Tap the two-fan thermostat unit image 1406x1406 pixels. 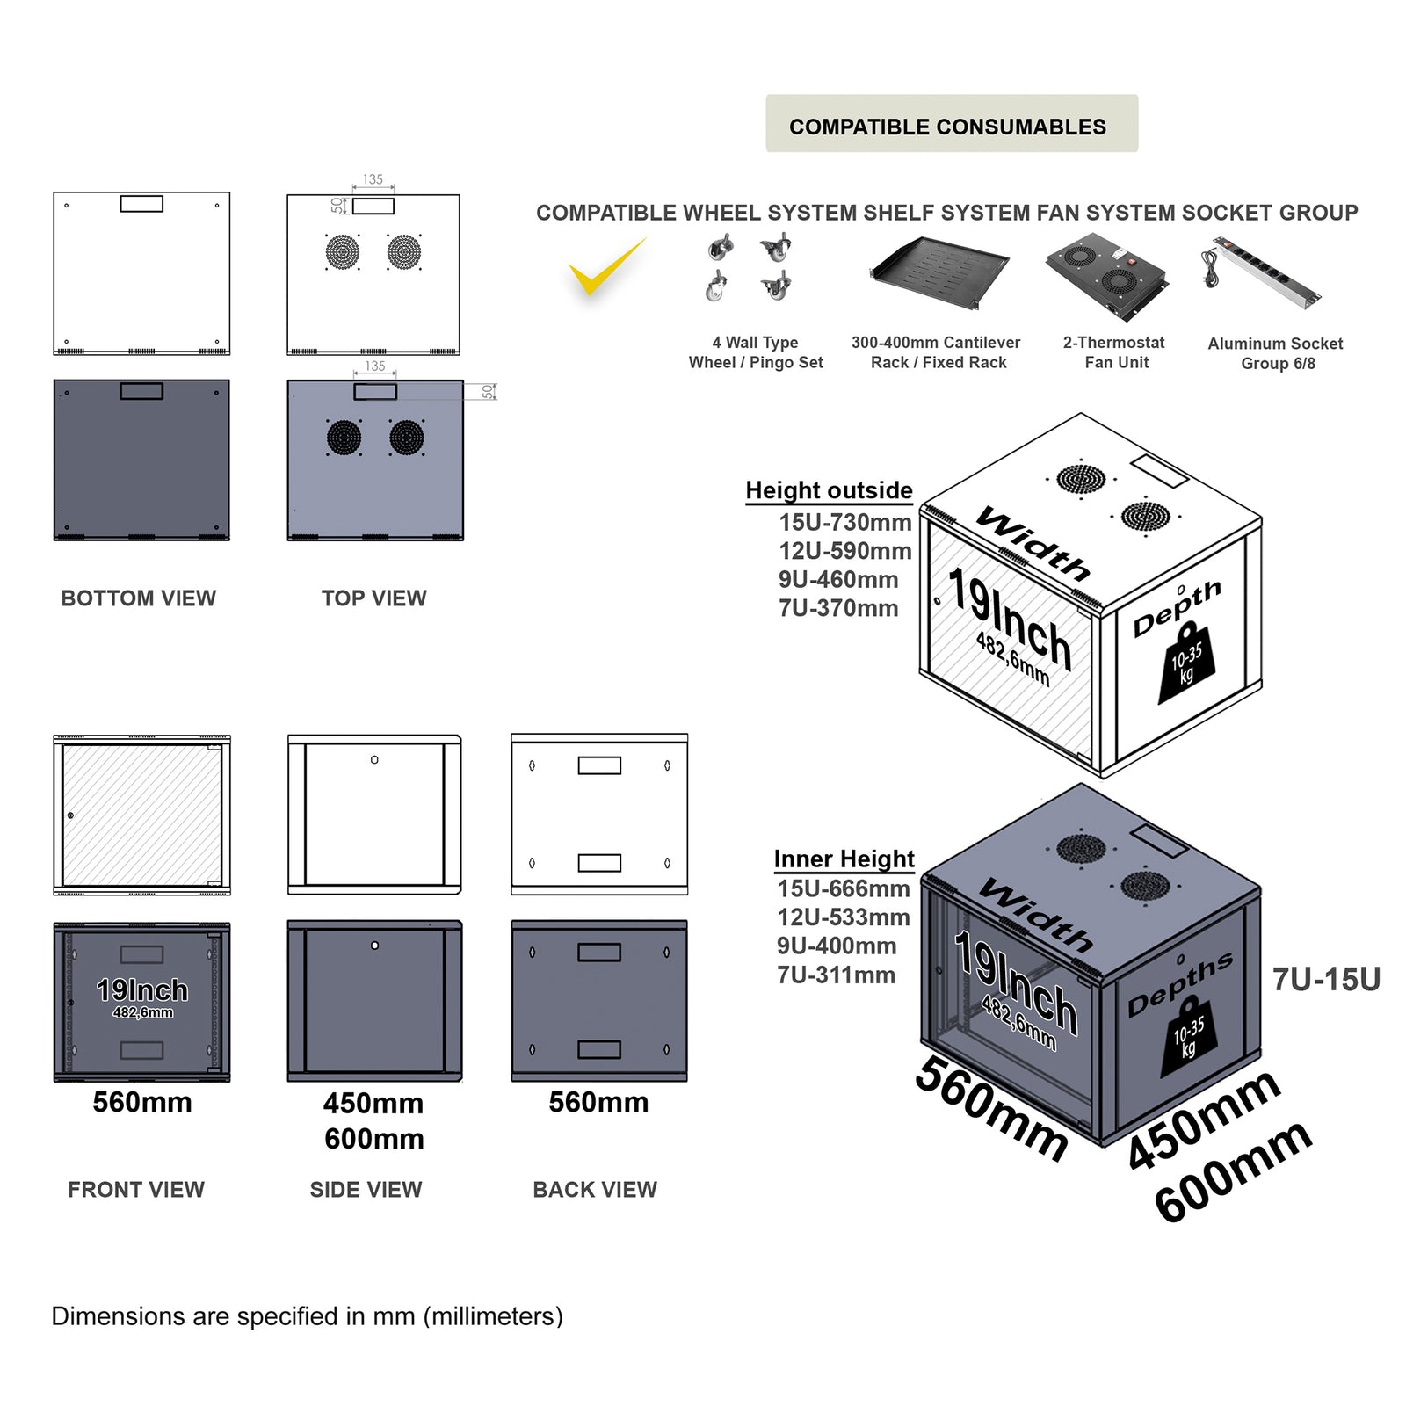click(x=1106, y=273)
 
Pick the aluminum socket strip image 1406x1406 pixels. click(x=1262, y=272)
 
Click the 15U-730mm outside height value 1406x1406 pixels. click(x=844, y=523)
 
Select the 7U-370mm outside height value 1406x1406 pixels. click(x=837, y=608)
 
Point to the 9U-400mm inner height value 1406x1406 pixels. click(x=836, y=946)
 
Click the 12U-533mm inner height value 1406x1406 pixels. click(x=843, y=917)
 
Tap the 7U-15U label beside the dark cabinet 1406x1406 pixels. click(x=1326, y=980)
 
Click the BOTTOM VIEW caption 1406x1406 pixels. click(x=138, y=598)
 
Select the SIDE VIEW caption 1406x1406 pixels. click(x=366, y=1190)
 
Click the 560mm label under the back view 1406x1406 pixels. click(x=598, y=1103)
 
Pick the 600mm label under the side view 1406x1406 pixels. click(x=373, y=1140)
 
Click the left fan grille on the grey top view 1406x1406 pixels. click(x=344, y=437)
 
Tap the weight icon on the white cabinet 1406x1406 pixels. click(x=1187, y=663)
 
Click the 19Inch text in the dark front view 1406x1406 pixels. click(x=141, y=990)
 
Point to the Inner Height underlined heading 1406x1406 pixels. click(x=844, y=859)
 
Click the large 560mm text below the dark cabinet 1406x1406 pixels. click(x=992, y=1108)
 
